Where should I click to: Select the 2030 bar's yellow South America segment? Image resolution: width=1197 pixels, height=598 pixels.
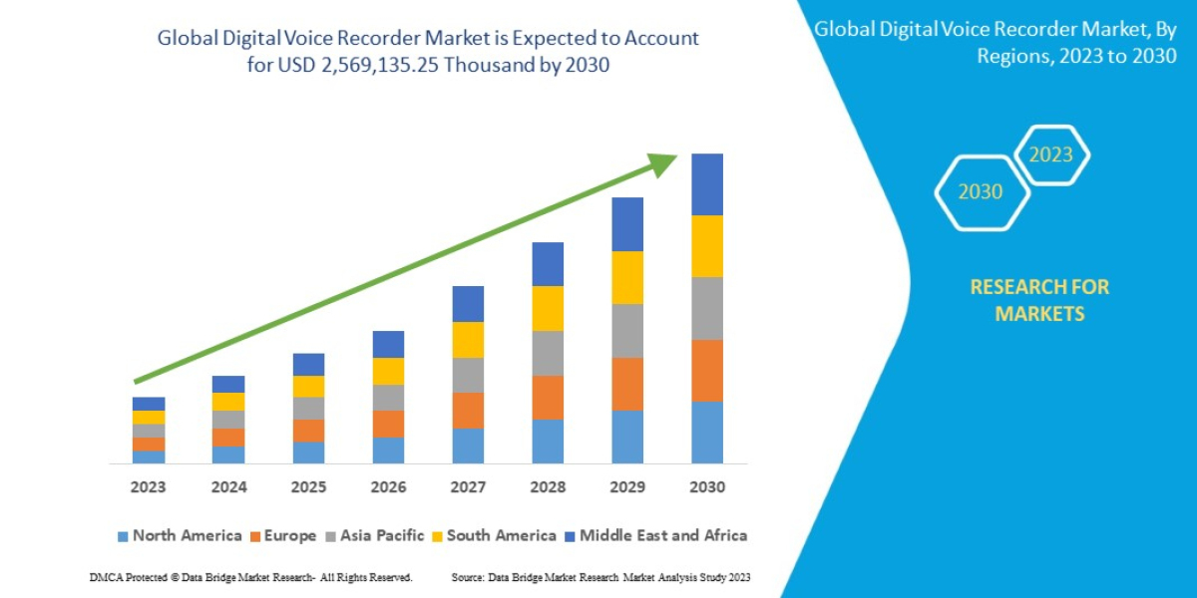[x=707, y=246]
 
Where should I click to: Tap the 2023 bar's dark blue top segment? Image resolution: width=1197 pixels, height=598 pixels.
[x=149, y=404]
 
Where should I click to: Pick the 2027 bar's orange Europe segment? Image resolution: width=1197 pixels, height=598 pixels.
[x=468, y=411]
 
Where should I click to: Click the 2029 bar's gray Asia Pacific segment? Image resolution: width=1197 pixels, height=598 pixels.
[x=627, y=331]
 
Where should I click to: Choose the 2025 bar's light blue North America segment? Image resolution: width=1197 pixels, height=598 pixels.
[x=308, y=452]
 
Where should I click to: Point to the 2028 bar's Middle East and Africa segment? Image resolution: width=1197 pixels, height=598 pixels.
[x=548, y=264]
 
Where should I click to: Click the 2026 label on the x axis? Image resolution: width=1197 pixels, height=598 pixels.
[x=388, y=488]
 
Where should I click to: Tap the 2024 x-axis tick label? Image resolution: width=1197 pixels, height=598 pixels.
[x=228, y=488]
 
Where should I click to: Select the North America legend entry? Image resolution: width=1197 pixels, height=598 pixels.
[x=180, y=536]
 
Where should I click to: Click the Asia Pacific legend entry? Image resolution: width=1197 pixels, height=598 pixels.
[x=372, y=536]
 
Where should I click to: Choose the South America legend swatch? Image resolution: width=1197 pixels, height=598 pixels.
[x=437, y=536]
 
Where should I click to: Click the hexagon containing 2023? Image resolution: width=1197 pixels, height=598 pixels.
[x=1051, y=155]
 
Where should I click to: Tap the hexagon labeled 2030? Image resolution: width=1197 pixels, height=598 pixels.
[x=981, y=192]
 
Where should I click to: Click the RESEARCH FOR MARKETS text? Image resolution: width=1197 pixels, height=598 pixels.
[x=1039, y=300]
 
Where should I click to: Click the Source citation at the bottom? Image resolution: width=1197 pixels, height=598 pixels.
[x=600, y=578]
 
